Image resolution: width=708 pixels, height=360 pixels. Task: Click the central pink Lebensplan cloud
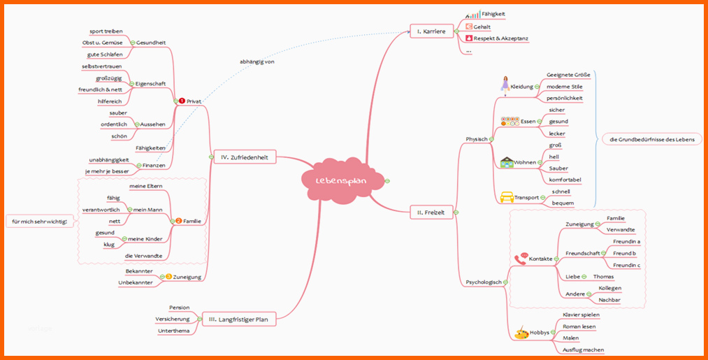tap(342, 180)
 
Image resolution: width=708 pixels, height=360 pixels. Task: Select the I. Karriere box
tap(431, 31)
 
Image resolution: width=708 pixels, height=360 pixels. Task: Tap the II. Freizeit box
tap(431, 212)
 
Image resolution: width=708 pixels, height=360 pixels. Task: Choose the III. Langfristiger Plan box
tap(238, 319)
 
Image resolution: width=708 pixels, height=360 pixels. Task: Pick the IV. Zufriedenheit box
tap(245, 157)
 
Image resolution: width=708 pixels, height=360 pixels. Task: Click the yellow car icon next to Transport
tap(507, 197)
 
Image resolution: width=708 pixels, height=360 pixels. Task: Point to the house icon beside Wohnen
tap(507, 163)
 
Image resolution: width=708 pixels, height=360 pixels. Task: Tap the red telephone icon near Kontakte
tap(521, 259)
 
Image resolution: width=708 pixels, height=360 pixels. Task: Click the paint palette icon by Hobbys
tap(521, 333)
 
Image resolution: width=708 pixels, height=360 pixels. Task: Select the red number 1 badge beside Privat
tap(182, 101)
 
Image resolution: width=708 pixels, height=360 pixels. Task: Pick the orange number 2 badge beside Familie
tap(178, 221)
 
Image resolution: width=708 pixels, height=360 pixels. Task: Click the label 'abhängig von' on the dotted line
tap(257, 62)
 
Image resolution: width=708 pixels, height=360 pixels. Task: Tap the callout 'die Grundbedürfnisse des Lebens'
tap(651, 139)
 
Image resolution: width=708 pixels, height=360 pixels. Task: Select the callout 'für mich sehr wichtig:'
tap(40, 222)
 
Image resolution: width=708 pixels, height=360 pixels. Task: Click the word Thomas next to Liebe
tap(603, 276)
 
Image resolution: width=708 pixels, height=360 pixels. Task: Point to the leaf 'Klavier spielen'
tap(581, 315)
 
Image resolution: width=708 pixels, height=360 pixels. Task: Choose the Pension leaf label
tap(179, 308)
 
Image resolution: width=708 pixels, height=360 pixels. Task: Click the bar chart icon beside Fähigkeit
tap(472, 15)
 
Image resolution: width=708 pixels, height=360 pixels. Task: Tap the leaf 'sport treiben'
tap(106, 31)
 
